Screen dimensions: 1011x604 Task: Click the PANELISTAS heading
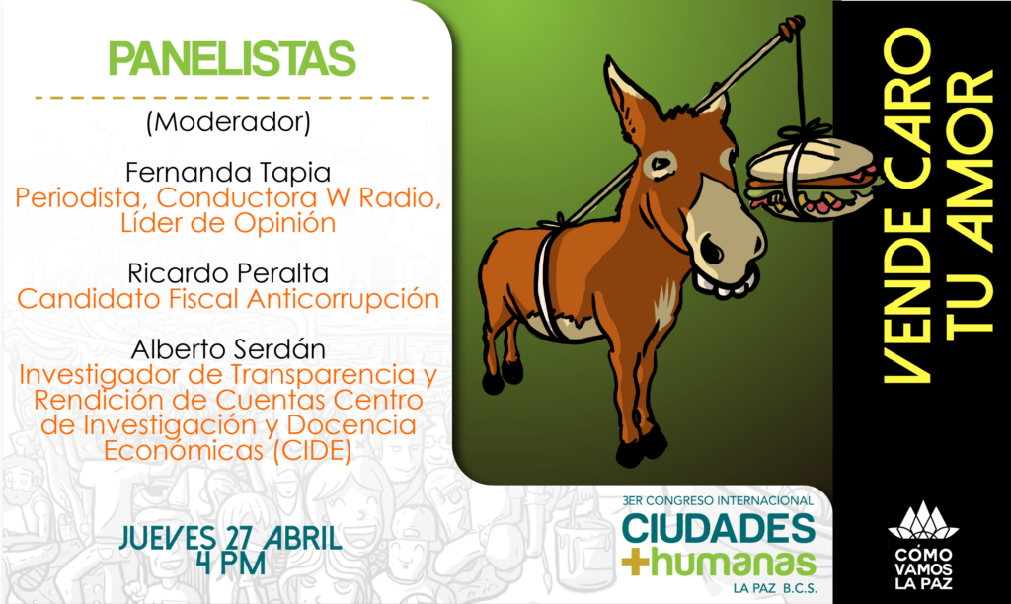pos(232,58)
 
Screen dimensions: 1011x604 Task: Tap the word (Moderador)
pos(228,121)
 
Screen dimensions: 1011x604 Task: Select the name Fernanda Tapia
pos(228,172)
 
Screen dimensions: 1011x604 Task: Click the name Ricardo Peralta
pos(228,273)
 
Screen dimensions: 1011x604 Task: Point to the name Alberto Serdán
pos(228,348)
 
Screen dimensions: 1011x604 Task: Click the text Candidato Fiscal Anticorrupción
pos(228,299)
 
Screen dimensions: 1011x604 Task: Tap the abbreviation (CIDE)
pos(312,450)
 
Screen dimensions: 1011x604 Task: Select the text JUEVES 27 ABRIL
pos(230,538)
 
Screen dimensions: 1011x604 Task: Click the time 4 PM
pos(232,564)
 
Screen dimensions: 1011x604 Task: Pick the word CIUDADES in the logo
pos(719,529)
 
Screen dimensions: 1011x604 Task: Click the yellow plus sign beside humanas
pos(635,563)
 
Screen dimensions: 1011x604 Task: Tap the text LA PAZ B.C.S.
pos(774,588)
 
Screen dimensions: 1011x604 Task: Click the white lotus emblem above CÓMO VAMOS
pos(923,521)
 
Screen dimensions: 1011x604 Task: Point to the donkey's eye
pos(660,165)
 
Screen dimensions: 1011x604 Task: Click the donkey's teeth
pos(726,282)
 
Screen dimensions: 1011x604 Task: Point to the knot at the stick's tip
pos(791,28)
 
